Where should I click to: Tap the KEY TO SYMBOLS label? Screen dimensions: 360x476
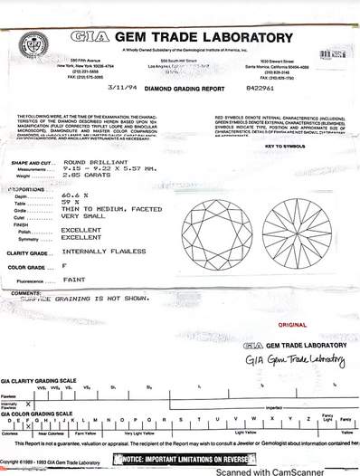coord(283,146)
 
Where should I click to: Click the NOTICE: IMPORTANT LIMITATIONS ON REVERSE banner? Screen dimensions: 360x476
coord(179,461)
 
